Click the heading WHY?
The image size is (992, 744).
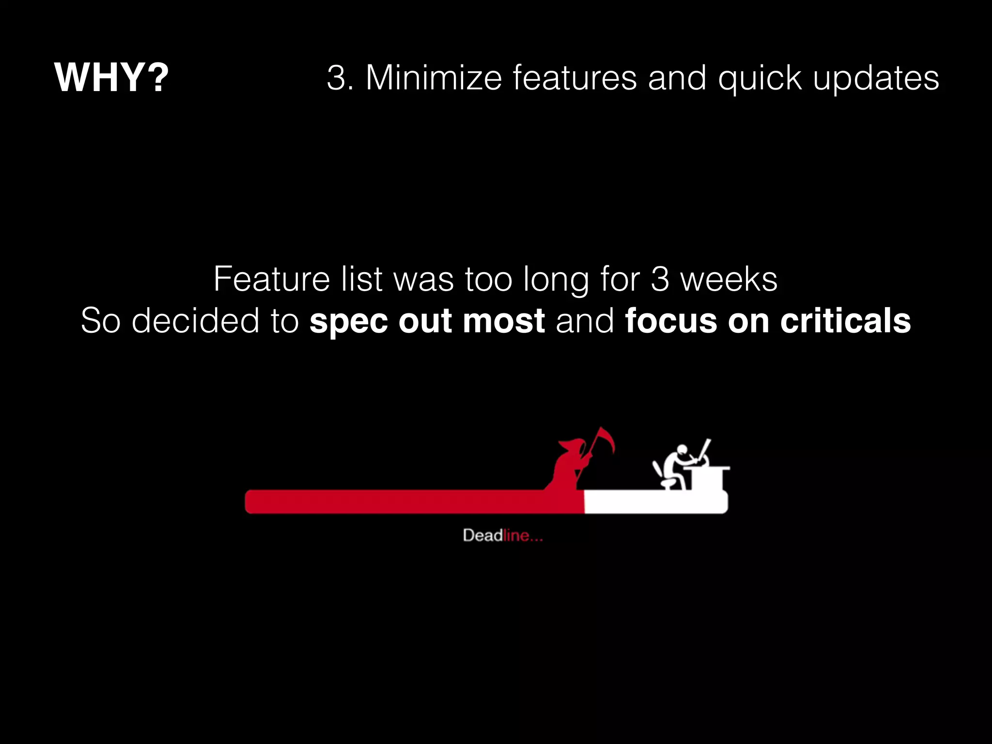[x=111, y=77]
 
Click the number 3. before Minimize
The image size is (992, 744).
[x=340, y=78]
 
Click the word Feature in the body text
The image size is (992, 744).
[x=272, y=279]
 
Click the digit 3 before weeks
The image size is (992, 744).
[x=660, y=279]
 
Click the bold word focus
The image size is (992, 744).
[x=670, y=321]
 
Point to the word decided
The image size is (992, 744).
[x=196, y=321]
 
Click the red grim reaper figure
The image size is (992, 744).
[x=569, y=465]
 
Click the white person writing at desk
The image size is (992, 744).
[x=676, y=465]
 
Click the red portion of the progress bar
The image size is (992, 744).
[x=412, y=501]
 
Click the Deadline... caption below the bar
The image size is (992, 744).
[x=502, y=535]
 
